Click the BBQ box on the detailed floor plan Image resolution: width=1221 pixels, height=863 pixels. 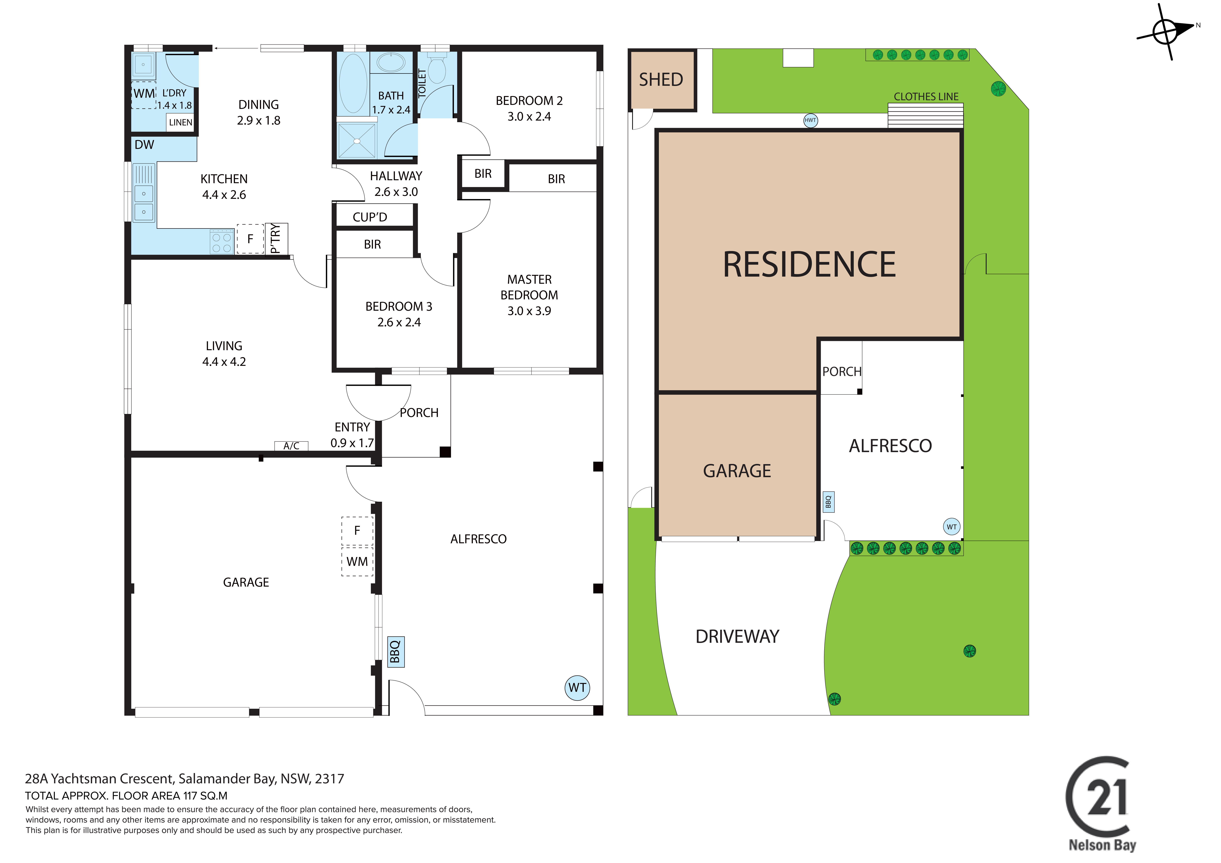tap(396, 652)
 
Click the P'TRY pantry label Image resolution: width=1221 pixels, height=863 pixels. tap(275, 239)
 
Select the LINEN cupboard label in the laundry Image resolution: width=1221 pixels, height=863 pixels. tap(180, 122)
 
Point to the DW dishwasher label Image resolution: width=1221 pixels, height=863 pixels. tap(144, 145)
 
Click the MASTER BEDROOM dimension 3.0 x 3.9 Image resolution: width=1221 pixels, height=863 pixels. tap(529, 311)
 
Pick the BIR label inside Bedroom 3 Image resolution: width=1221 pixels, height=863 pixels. tap(372, 245)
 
